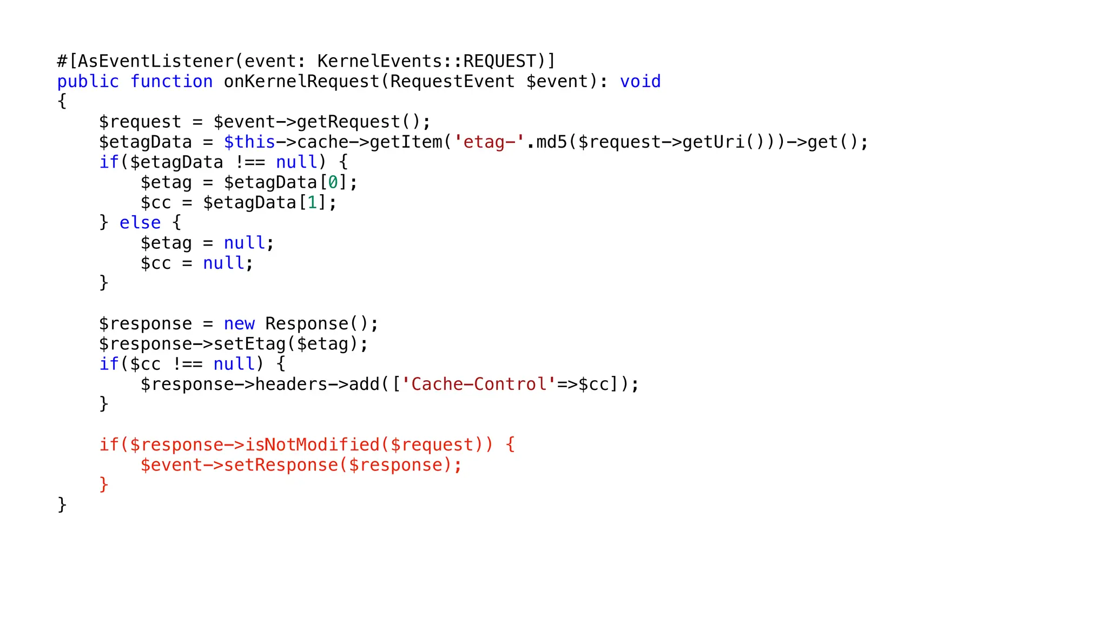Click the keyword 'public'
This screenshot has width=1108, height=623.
point(88,81)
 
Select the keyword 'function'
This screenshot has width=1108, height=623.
point(172,81)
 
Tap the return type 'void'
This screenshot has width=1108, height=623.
point(640,81)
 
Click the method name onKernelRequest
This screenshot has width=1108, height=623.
point(301,81)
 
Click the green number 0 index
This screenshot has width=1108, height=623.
point(333,182)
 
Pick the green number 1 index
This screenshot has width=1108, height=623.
point(312,202)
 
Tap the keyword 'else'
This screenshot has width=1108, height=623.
point(140,222)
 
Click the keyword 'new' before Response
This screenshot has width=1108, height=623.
point(239,323)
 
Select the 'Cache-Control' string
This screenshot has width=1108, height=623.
point(479,384)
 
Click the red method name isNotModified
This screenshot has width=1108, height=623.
point(312,445)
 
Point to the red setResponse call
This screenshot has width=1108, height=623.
point(281,465)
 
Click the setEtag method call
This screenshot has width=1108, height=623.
point(249,343)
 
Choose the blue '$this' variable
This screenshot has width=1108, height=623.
point(249,142)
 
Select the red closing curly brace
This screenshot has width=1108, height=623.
point(104,484)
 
